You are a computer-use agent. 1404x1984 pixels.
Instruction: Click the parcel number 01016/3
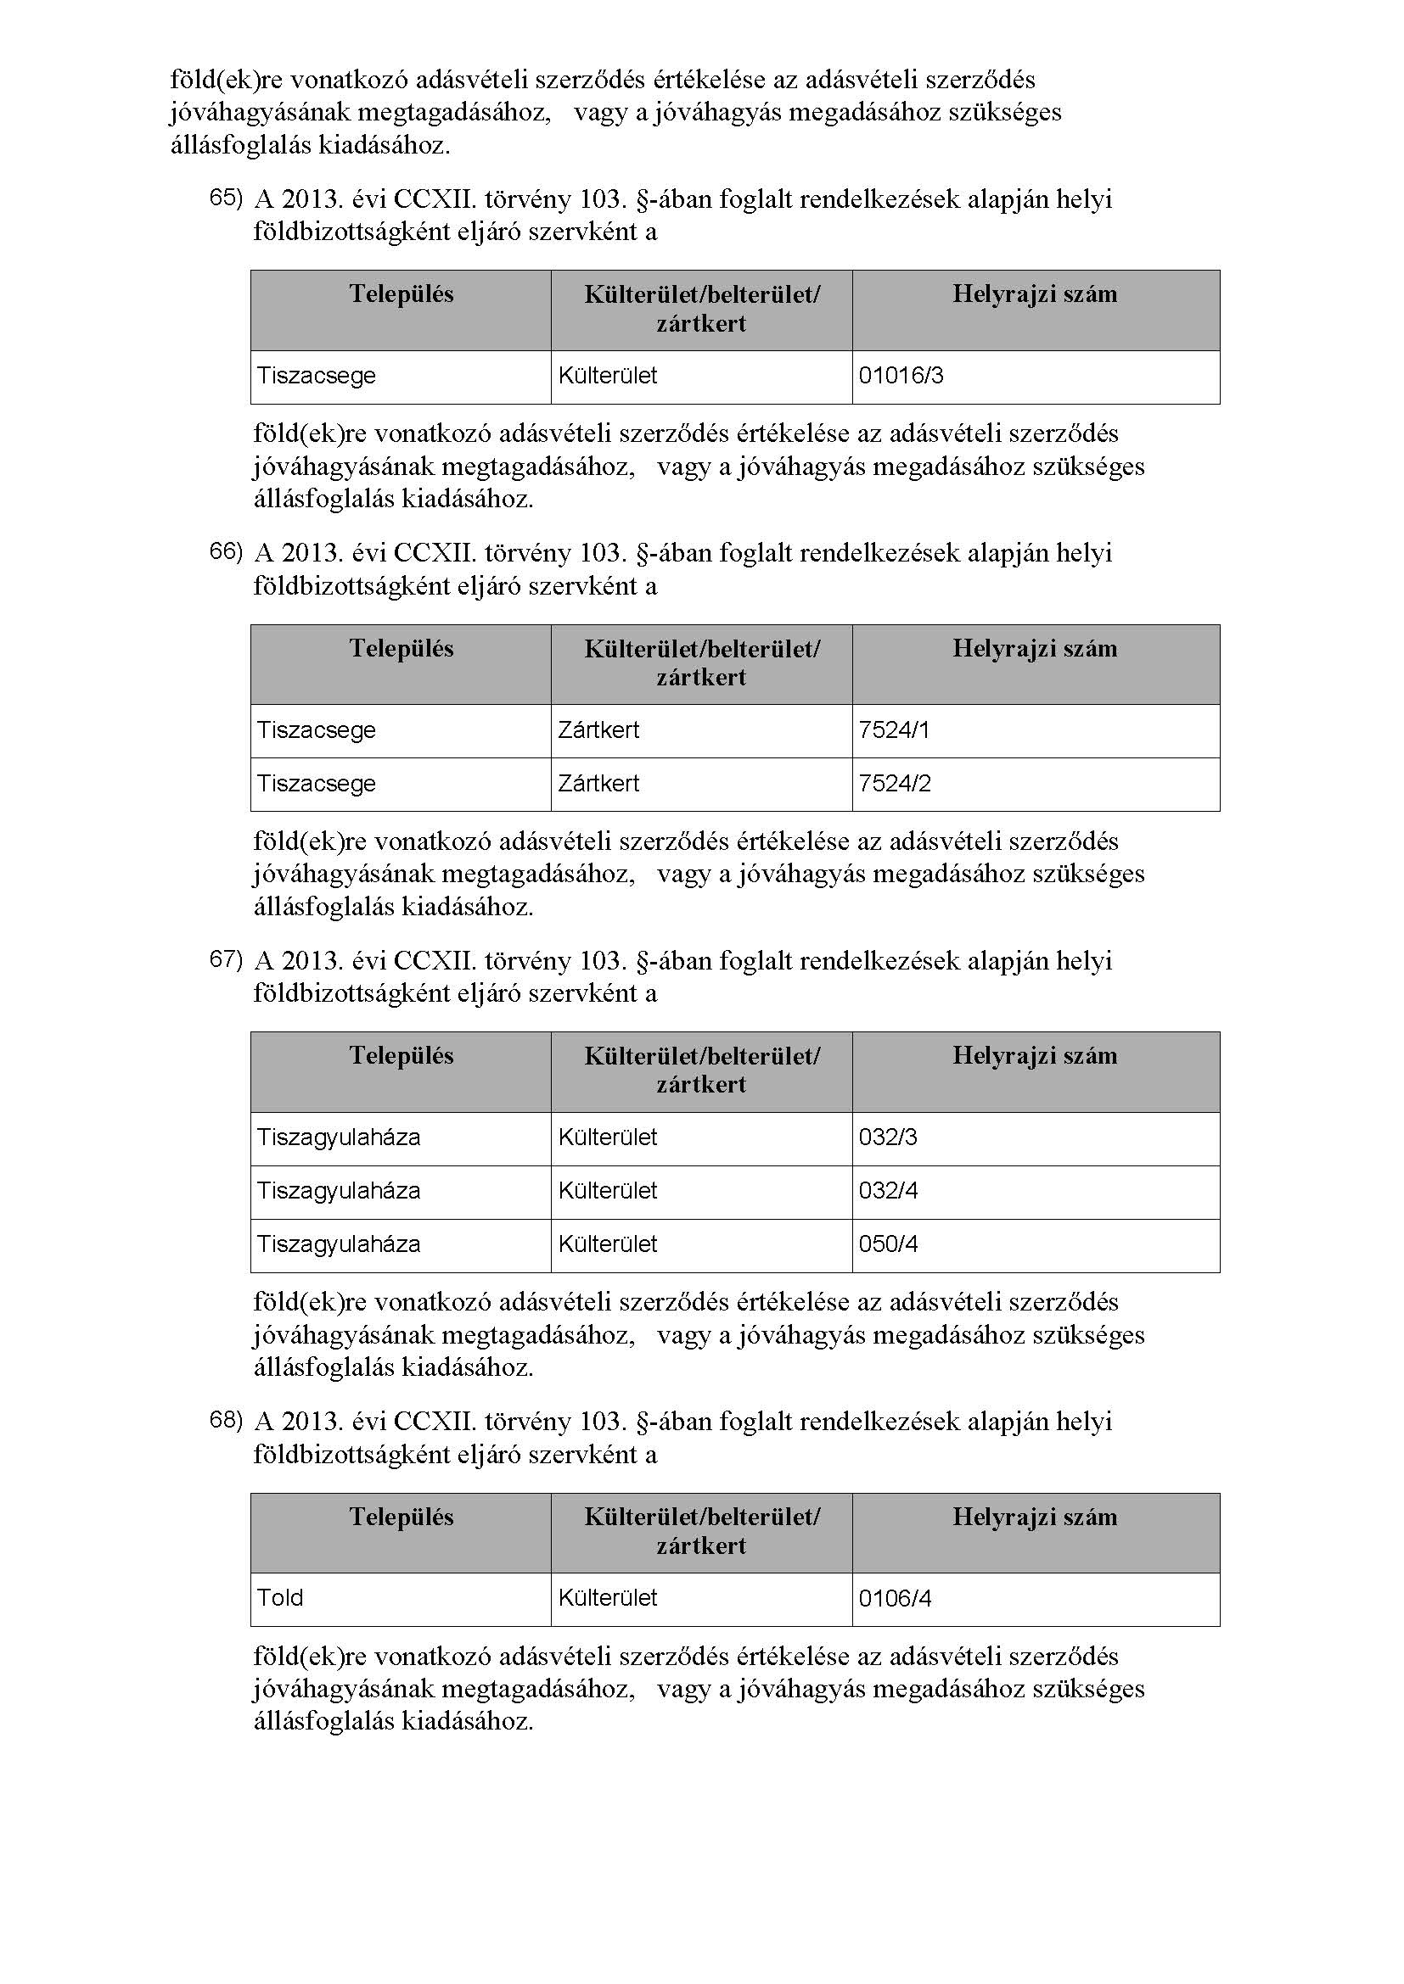901,376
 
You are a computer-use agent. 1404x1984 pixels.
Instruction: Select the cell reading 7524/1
894,730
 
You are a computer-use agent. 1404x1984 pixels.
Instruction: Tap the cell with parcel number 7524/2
895,784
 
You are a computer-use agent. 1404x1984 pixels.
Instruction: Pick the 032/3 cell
888,1137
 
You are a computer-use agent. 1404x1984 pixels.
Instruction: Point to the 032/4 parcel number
888,1191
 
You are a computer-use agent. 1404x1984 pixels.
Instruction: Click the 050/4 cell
888,1244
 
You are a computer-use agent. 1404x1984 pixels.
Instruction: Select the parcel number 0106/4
895,1598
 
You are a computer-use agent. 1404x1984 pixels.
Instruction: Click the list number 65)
226,198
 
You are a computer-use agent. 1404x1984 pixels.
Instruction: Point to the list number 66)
226,551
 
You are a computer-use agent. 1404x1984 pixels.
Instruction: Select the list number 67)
226,959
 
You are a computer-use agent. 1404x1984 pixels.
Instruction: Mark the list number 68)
226,1420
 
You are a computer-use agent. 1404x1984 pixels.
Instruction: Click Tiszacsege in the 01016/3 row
317,376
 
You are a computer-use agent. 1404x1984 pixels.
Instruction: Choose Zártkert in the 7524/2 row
598,784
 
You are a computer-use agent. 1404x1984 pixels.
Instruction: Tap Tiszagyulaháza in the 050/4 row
338,1244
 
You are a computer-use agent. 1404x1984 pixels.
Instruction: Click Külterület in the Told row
607,1598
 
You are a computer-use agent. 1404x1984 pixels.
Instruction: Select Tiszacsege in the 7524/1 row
317,730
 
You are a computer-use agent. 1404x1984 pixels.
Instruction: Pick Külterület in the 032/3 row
607,1137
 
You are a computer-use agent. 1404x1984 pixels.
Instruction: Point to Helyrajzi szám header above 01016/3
1035,294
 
